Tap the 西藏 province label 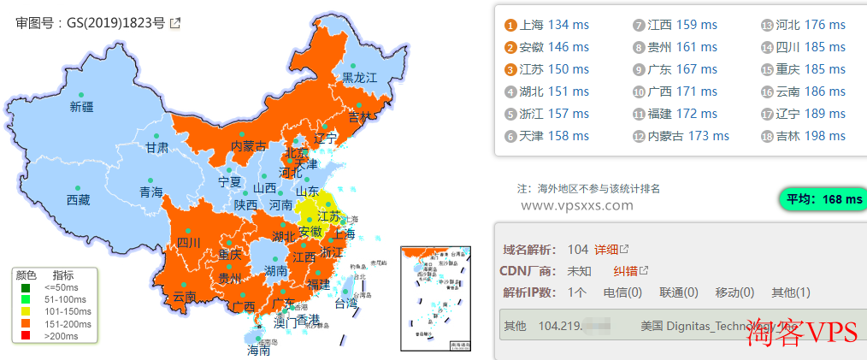(x=78, y=200)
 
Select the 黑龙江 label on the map (x=359, y=78)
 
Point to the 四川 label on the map (x=188, y=243)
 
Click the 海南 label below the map (x=258, y=350)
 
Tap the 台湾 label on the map (x=345, y=303)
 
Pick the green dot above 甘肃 (x=156, y=135)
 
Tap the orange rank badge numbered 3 (x=510, y=69)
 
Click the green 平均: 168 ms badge (x=823, y=199)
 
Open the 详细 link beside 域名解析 (x=605, y=249)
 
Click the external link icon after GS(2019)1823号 (x=175, y=23)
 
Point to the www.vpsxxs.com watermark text (x=576, y=205)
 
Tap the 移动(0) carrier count (x=734, y=292)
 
